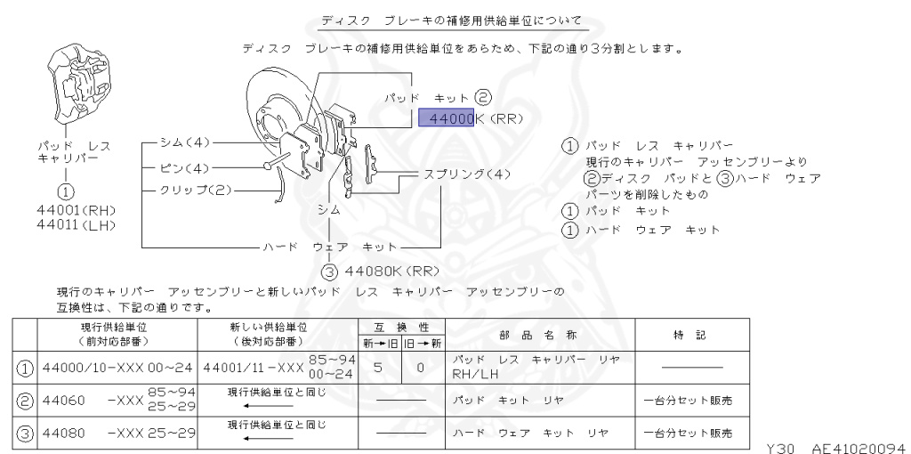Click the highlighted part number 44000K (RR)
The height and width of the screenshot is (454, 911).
click(470, 118)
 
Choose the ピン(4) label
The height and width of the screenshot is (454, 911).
click(184, 167)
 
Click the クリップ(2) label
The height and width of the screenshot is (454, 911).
click(195, 191)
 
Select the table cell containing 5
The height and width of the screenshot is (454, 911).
click(377, 366)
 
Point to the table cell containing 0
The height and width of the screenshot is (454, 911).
click(419, 366)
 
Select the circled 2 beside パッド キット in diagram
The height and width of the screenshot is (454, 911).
click(483, 96)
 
